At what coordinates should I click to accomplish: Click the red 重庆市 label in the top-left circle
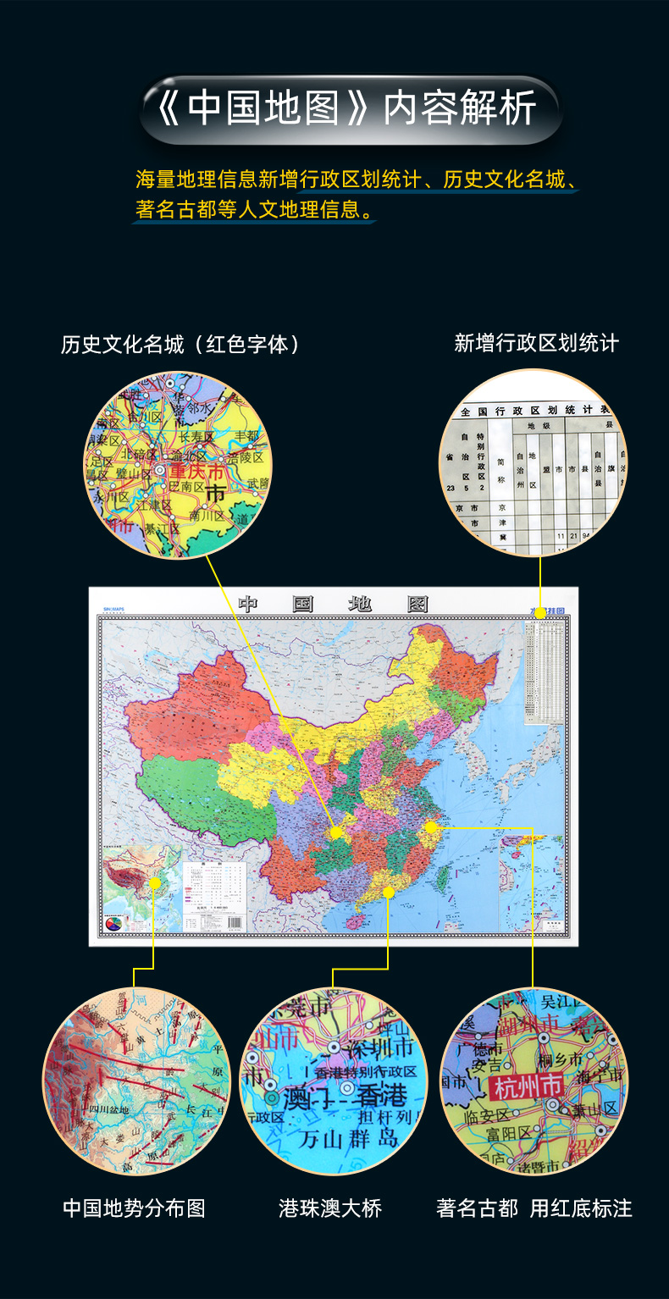pos(196,471)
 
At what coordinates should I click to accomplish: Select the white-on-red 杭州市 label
pos(528,1084)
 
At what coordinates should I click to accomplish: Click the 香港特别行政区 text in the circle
pos(366,1072)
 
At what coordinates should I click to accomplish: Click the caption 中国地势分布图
pos(134,1208)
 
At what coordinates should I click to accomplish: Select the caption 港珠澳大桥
pos(330,1208)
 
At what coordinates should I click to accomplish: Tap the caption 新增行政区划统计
pos(536,343)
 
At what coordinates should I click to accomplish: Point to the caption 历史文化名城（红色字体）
pos(181,345)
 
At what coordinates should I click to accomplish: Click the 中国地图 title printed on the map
pos(333,604)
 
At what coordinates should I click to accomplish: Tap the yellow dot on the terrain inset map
pos(154,882)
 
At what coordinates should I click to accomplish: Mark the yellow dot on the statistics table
pos(540,613)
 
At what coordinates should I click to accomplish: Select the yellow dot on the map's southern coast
pos(389,891)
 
